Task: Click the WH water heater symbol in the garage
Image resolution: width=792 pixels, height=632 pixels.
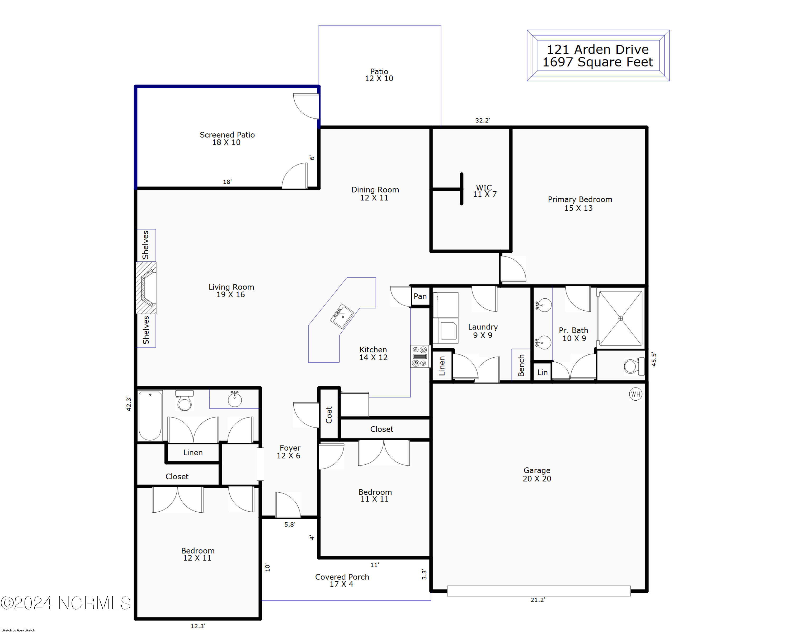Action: (635, 394)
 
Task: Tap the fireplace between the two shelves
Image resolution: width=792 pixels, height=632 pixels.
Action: (147, 288)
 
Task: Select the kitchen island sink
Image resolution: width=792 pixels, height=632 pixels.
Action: (342, 316)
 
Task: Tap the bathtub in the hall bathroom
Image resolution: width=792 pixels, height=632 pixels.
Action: (150, 415)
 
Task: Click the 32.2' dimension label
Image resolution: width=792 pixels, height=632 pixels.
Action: (482, 120)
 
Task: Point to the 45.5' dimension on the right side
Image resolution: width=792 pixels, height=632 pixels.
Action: (654, 359)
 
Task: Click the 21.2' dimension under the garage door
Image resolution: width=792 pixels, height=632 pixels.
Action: (538, 600)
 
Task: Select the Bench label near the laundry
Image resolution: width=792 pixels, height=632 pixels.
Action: (521, 365)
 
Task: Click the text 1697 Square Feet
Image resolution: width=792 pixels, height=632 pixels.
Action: (598, 62)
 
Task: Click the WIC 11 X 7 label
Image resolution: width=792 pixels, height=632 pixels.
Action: (484, 191)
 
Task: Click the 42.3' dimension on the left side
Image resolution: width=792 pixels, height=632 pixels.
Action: (129, 404)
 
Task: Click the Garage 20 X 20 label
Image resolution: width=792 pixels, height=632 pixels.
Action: (537, 474)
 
